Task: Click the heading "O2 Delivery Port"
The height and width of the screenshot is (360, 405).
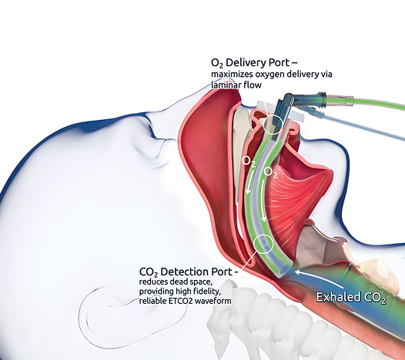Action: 250,63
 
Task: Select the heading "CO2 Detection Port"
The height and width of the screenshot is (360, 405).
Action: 186,272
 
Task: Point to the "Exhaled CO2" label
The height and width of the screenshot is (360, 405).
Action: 351,297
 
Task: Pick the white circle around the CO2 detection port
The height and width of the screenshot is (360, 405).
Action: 263,244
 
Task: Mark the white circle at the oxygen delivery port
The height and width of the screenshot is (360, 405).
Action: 273,124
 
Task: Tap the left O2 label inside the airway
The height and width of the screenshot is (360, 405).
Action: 249,161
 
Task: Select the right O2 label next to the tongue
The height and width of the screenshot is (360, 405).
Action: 270,172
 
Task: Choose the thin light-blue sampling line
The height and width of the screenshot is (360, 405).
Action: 362,127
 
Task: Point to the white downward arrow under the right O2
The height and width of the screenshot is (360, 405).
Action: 263,201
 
